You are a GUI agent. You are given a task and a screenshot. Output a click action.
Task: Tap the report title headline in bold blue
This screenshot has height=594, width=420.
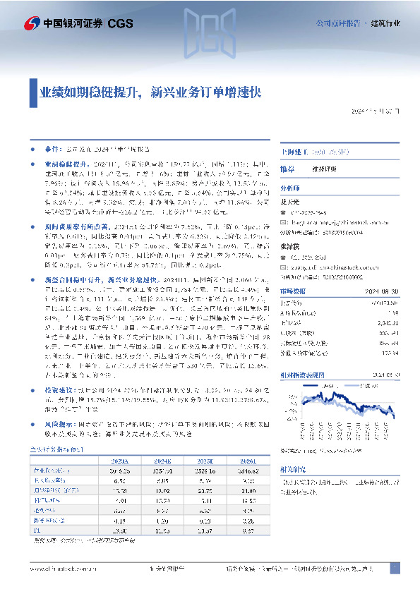click(x=149, y=92)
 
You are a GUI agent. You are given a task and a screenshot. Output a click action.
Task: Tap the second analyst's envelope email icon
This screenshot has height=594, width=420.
click(x=285, y=258)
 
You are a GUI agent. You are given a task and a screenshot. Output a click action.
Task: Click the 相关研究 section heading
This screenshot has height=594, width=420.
click(x=293, y=468)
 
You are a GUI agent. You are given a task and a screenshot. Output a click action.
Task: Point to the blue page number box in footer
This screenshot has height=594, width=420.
click(x=395, y=568)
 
